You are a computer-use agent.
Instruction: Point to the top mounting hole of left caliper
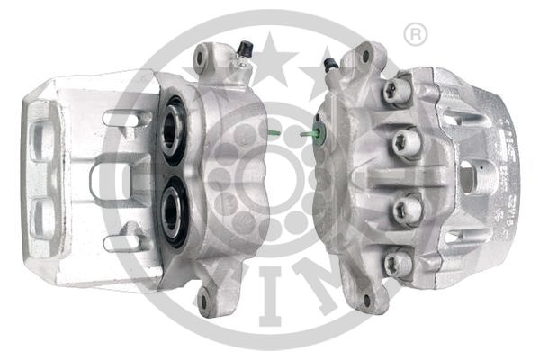tap(202, 58)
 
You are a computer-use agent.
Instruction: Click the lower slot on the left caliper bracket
tap(125, 241)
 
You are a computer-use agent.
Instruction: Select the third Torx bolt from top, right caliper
tap(406, 210)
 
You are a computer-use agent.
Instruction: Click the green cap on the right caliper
tap(316, 136)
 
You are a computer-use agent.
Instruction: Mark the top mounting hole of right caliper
tap(365, 55)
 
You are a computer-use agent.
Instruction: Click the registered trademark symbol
tap(414, 35)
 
